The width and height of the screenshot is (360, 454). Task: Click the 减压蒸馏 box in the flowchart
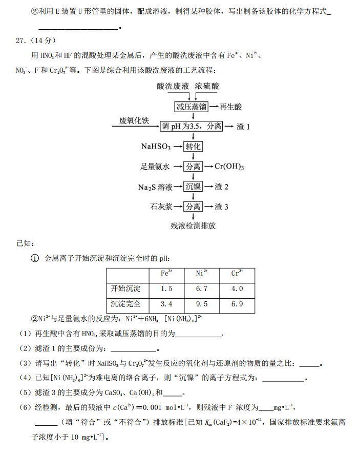tap(192, 107)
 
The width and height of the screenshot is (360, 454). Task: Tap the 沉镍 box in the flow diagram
tap(193, 187)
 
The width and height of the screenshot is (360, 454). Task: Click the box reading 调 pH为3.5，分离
tap(192, 126)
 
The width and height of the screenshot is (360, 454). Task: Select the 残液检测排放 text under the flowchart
tap(193, 225)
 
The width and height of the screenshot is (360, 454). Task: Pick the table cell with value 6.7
tap(202, 289)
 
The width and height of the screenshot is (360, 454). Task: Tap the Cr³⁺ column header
tap(237, 273)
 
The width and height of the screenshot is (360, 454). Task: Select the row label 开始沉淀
tap(125, 289)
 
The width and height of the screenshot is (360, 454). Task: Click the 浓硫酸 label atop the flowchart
tap(206, 87)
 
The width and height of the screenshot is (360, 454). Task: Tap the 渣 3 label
tap(221, 207)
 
